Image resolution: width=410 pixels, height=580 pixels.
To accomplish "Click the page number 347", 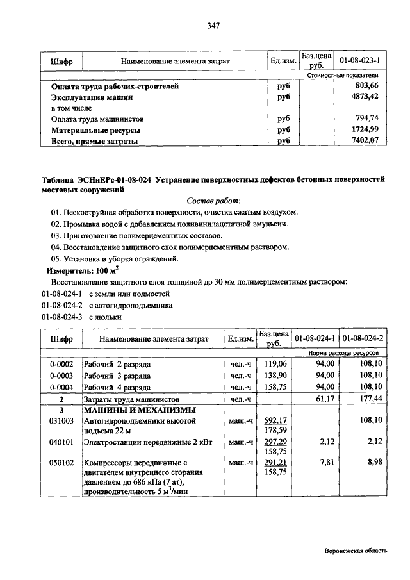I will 213,26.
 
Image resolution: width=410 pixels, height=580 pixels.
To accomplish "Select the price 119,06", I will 274,364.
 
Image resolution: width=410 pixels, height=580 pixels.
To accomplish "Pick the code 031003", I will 63,421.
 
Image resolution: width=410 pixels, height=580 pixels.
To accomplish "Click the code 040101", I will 63,442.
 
